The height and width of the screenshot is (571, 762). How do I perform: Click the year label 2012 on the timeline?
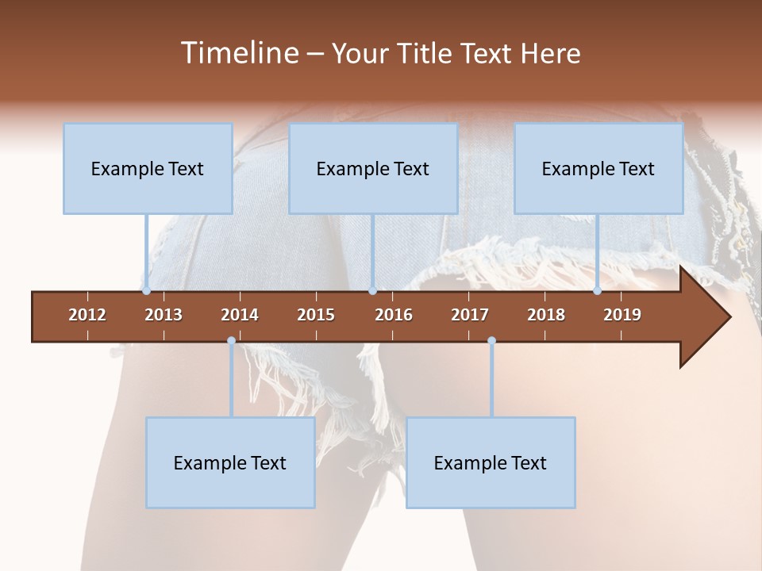pos(87,315)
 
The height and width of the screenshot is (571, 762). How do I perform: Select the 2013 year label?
pos(164,315)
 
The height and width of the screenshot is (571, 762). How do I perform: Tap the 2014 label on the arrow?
pos(240,315)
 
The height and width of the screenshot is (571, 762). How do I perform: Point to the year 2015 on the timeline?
pos(316,315)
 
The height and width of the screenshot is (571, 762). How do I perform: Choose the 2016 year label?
pos(394,315)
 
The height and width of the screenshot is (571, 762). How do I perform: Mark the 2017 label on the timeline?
pos(470,315)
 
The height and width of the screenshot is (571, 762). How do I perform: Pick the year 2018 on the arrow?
pos(546,315)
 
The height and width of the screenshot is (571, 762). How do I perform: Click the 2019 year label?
pos(622,315)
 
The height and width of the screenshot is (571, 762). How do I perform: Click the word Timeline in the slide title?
pos(241,53)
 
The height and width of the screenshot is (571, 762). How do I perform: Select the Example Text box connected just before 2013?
pos(148,169)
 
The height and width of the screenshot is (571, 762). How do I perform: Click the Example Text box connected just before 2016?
pos(373,169)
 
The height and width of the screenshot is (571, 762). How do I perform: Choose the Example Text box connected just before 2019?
pos(598,169)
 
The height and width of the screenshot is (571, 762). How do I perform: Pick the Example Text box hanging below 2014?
pos(230,463)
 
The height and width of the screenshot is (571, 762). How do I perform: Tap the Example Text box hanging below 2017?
pos(491,463)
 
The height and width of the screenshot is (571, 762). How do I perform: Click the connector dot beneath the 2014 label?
pos(231,341)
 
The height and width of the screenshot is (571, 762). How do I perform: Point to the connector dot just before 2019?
pos(598,291)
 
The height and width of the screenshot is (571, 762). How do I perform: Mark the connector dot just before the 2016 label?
pos(372,291)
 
